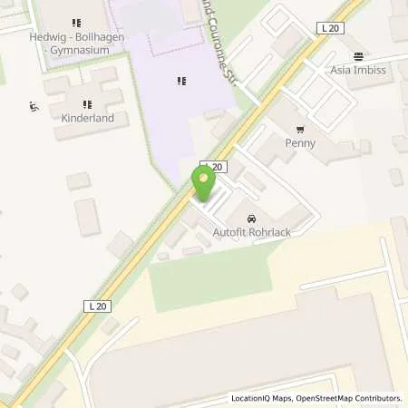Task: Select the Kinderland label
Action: [x=87, y=119]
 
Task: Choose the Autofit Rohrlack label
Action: [x=252, y=233]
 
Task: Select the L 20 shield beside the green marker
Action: [x=213, y=167]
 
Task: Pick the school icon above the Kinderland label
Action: [x=87, y=104]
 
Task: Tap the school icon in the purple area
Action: [x=181, y=82]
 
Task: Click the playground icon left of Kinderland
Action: [x=34, y=106]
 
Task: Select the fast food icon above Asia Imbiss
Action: [x=360, y=56]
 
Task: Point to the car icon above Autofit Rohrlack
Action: [x=251, y=219]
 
